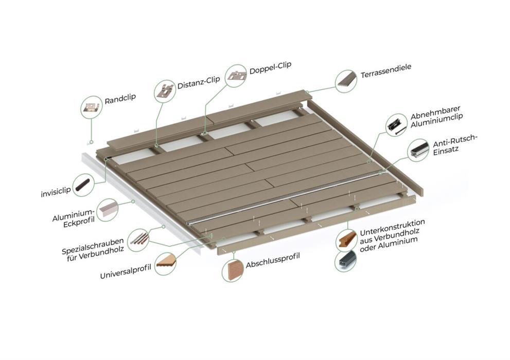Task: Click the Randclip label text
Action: point(120,99)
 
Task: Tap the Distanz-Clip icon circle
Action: point(165,92)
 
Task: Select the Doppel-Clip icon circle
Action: point(236,76)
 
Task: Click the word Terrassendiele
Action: point(386,71)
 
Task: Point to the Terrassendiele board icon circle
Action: point(346,81)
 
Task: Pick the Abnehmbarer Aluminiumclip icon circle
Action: point(396,125)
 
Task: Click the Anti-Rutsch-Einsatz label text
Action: point(454,145)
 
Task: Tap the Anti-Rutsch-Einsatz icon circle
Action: point(418,151)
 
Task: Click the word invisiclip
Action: point(56,192)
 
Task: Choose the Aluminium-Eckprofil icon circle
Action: point(108,210)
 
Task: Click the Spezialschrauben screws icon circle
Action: point(138,241)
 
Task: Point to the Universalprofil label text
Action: point(126,272)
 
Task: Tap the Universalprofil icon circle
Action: point(166,264)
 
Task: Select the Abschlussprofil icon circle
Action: point(234,271)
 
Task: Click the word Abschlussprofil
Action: point(273,260)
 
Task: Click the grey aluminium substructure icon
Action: point(346,261)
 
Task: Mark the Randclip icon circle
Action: point(92,107)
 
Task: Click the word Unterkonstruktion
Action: point(392,227)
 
